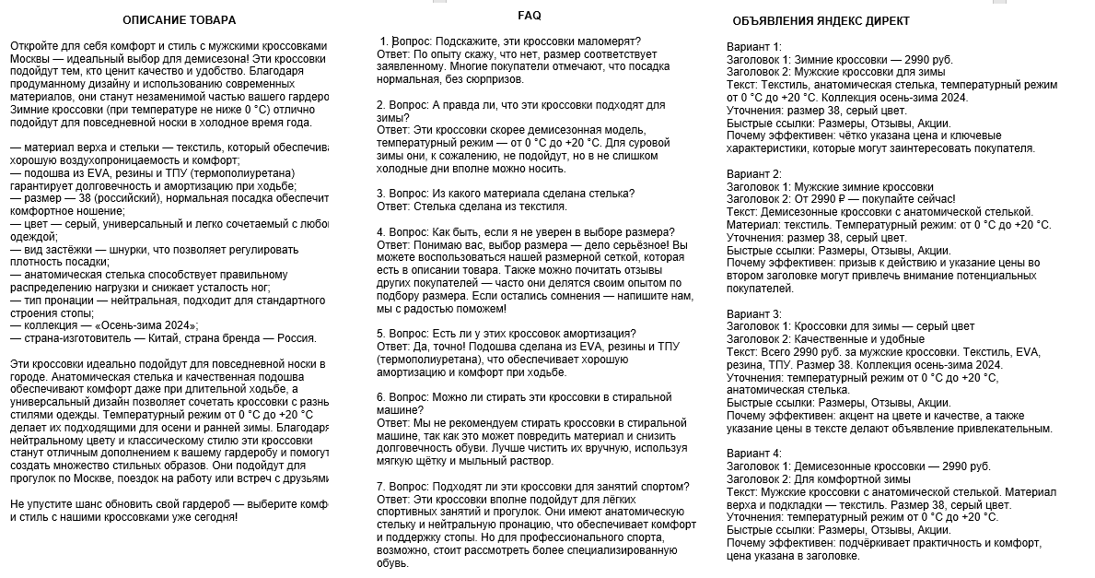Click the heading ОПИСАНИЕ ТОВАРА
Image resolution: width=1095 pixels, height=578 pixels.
coord(179,20)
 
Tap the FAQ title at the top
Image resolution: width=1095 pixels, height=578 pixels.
coord(530,16)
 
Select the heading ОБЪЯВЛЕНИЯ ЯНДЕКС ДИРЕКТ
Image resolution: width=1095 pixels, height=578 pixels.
coord(821,20)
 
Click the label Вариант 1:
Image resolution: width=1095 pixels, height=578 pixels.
coord(753,47)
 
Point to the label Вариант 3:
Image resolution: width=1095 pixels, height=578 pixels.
coord(753,313)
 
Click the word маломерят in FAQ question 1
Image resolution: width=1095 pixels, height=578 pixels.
coord(608,41)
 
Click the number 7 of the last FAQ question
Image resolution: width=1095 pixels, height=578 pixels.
coord(380,486)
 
